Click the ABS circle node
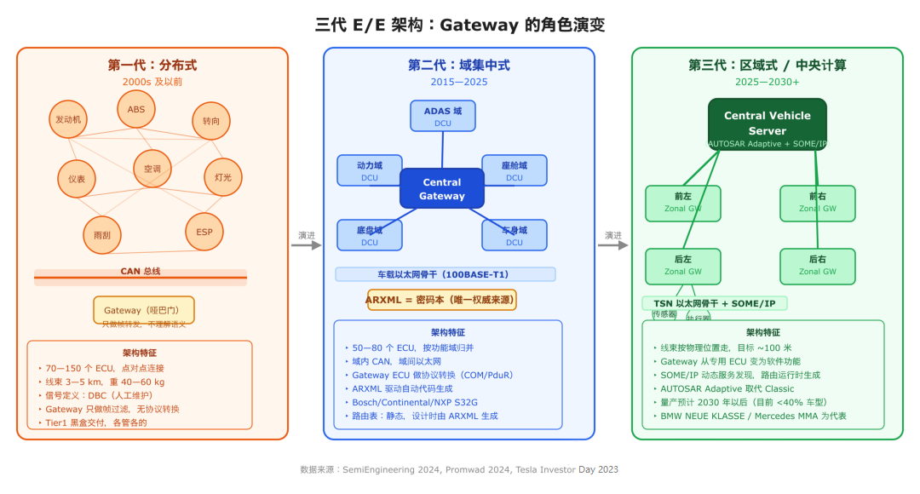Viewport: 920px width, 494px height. pos(136,110)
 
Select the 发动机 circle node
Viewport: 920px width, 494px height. pos(68,120)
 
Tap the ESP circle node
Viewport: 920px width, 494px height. pos(204,233)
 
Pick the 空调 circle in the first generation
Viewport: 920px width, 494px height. pos(152,169)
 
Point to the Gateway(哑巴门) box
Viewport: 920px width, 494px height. pos(144,310)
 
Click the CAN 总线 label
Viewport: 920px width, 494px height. pos(141,272)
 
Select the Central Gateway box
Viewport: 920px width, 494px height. pos(442,189)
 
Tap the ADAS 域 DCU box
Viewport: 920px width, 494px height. pos(442,116)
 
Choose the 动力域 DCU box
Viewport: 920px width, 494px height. pos(370,170)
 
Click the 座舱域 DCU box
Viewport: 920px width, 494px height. pos(515,170)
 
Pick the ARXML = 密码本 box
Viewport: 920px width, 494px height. pos(442,300)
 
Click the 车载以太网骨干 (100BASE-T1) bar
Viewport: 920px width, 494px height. pos(446,274)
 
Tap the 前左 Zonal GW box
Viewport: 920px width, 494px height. pos(683,203)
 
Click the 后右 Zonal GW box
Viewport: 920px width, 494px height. pos(818,266)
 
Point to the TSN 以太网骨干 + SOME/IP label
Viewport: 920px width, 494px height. pos(715,303)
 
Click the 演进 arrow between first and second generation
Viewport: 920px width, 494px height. pos(306,244)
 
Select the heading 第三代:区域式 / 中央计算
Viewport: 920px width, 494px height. pos(768,66)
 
